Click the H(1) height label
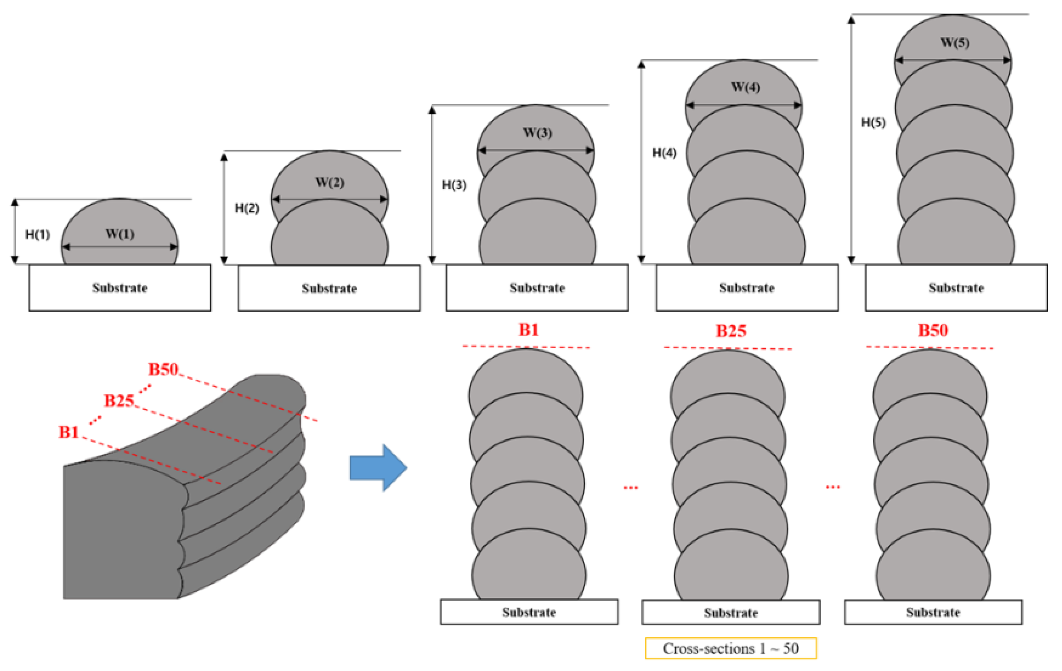[x=37, y=234]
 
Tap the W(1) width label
[x=120, y=234]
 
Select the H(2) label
[x=247, y=208]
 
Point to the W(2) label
[x=330, y=182]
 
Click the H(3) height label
[x=454, y=185]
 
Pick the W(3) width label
[x=537, y=132]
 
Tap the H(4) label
[x=664, y=153]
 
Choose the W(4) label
[x=745, y=87]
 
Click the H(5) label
[x=873, y=122]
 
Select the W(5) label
[x=955, y=42]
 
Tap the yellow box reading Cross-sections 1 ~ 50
[x=730, y=648]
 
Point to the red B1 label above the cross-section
[x=528, y=330]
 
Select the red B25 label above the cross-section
[x=731, y=331]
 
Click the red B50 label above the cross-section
[x=933, y=330]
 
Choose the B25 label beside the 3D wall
[x=119, y=401]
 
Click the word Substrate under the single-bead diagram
[x=120, y=288]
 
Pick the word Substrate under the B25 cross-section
[x=730, y=612]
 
